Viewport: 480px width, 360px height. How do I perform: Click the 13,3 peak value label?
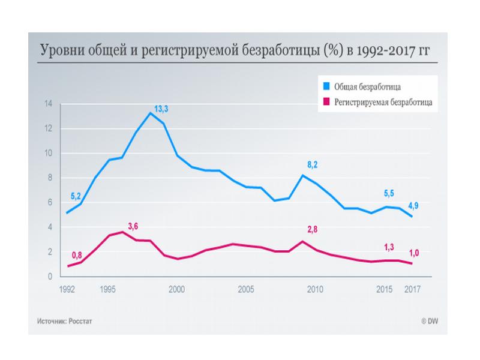(x=161, y=109)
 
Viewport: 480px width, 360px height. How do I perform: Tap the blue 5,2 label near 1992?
(x=77, y=196)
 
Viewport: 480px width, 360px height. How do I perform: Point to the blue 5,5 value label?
(x=389, y=194)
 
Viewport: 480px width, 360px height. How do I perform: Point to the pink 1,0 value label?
(x=415, y=253)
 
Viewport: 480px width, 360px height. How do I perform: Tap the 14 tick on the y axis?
(x=49, y=104)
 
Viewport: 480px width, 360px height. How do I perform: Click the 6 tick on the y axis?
(x=50, y=203)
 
